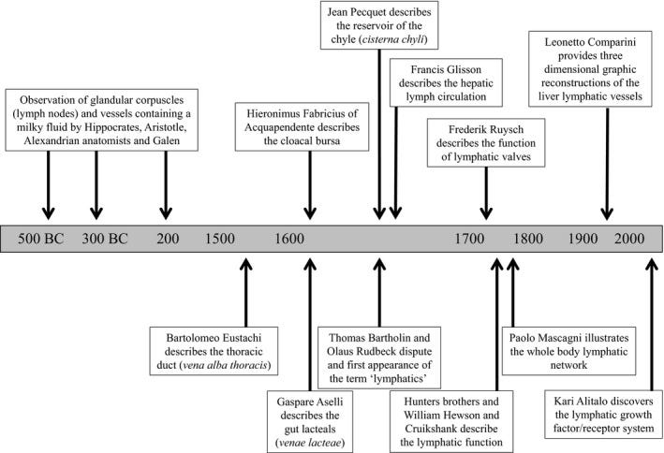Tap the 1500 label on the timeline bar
click(x=220, y=238)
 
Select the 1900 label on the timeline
click(x=585, y=238)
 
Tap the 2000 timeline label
click(x=637, y=238)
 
